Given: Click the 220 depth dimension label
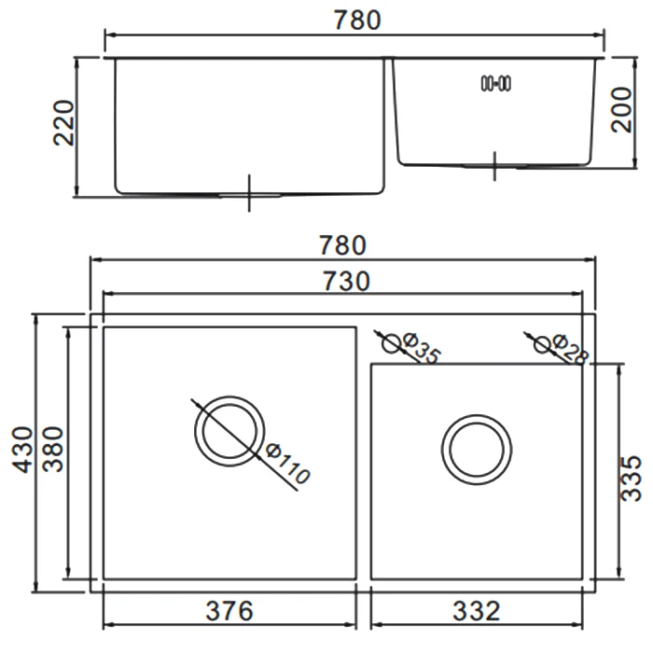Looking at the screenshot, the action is click(x=63, y=123).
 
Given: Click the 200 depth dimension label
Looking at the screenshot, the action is click(x=621, y=109).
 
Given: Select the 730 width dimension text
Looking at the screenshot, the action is click(x=346, y=281).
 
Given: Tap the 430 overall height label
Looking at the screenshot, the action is click(x=21, y=450).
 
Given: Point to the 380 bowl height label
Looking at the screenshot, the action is click(x=53, y=449).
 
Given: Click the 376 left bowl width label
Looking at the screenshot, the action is click(x=229, y=611).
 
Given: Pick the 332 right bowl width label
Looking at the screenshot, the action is click(x=477, y=611).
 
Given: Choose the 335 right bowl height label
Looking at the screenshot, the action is click(x=631, y=478).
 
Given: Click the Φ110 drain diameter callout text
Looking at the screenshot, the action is click(x=287, y=465).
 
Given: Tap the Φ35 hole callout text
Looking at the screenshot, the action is click(x=422, y=349).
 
